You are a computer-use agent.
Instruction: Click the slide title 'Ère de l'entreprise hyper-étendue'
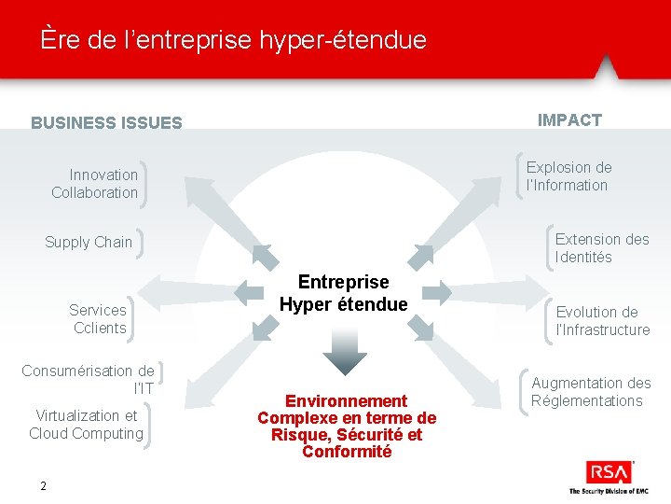[233, 40]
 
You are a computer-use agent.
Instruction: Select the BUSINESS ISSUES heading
[106, 122]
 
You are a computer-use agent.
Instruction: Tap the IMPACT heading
[569, 119]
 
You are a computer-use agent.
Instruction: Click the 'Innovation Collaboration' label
[94, 183]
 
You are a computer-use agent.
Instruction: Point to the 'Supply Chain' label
[89, 242]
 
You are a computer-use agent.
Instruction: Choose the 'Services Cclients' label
[98, 318]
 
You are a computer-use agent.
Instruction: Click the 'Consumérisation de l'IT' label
[89, 379]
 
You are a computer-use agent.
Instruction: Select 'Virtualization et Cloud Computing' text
[86, 424]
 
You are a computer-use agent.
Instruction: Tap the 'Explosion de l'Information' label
[568, 175]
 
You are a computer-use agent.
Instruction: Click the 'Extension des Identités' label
[601, 247]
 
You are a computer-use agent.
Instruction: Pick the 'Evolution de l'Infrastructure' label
[602, 320]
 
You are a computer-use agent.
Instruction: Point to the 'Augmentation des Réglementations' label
[590, 391]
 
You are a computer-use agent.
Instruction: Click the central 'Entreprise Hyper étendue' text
[343, 293]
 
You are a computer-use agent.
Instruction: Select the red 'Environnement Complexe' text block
[347, 426]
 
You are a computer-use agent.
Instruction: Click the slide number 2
[43, 485]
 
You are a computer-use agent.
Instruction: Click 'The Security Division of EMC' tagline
[609, 491]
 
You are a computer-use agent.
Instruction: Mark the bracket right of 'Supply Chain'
[139, 242]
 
